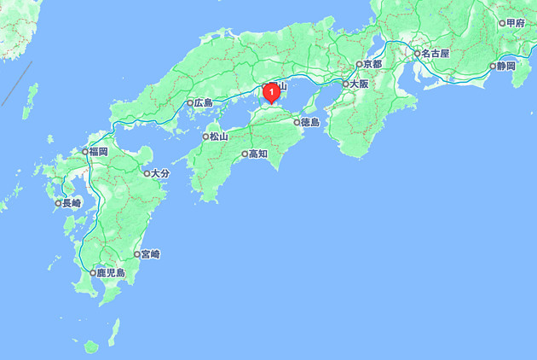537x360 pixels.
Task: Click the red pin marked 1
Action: [x=271, y=91]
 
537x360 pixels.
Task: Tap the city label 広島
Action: [x=203, y=103]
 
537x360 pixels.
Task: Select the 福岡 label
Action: [x=97, y=152]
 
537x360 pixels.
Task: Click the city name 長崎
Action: [x=71, y=203]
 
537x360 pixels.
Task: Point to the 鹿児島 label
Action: [x=111, y=273]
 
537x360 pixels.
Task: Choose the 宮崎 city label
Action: [x=151, y=254]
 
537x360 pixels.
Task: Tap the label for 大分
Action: [x=160, y=173]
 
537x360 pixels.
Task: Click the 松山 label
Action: [x=219, y=136]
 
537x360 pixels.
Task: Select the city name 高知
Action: [x=258, y=154]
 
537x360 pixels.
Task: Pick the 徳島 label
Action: [x=309, y=122]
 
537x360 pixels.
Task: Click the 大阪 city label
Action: [x=358, y=84]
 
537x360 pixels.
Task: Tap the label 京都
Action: [x=372, y=64]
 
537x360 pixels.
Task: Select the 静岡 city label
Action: [x=505, y=66]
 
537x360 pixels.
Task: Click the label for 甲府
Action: [x=515, y=23]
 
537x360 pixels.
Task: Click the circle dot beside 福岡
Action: [x=84, y=152]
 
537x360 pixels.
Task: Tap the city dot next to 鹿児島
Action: [x=93, y=273]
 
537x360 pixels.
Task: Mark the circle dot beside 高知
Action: [x=245, y=154]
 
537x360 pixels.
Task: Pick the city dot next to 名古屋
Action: [x=417, y=53]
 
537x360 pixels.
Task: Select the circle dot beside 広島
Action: [x=190, y=103]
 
